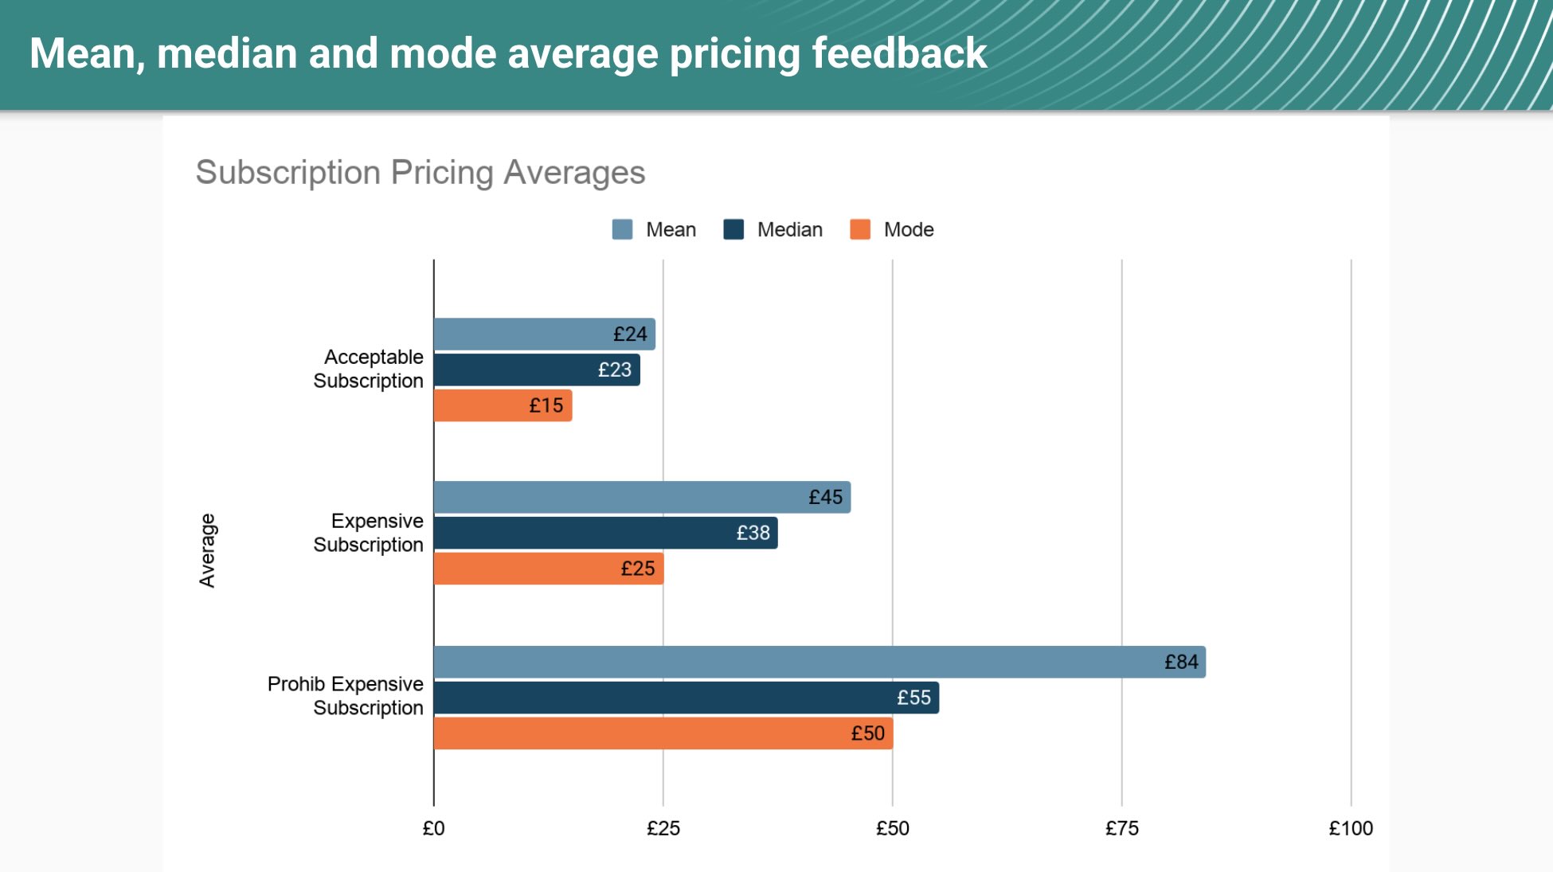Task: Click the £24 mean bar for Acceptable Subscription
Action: pos(545,334)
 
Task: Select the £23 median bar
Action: pos(537,370)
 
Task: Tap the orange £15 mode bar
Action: pos(503,405)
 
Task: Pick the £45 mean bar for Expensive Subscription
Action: pos(642,498)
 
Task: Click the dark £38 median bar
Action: pos(605,533)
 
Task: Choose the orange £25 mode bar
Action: pos(549,569)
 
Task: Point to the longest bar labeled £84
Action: pos(820,662)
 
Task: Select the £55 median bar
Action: pos(687,698)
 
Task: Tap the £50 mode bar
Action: pos(663,733)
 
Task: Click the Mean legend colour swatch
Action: pos(622,229)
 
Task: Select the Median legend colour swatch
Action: pos(733,229)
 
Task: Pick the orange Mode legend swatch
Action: pos(860,229)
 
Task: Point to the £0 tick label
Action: pos(434,828)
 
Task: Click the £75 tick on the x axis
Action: pos(1121,828)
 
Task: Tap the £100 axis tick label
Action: pos(1351,828)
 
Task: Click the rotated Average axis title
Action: pos(207,550)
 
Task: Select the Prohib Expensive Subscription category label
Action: pos(345,696)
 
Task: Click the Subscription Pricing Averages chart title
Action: pos(421,173)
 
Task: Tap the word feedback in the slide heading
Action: pos(899,53)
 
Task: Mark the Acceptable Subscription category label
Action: pos(368,369)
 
